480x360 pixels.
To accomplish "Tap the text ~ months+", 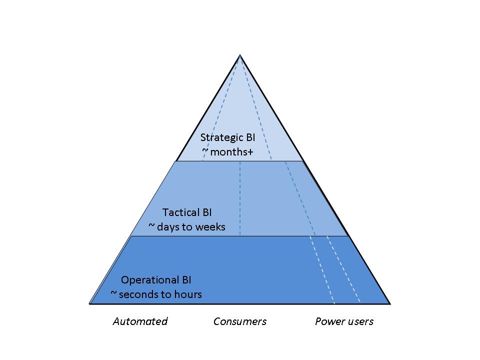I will (x=227, y=151).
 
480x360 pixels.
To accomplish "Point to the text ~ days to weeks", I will (x=187, y=227).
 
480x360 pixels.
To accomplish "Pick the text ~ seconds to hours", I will (x=156, y=294).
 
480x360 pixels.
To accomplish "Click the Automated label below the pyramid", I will (x=140, y=321).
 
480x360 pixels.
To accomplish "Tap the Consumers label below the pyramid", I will (x=240, y=321).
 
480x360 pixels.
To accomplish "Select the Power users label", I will (x=344, y=321).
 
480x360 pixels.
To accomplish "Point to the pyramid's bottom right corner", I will (x=389, y=303).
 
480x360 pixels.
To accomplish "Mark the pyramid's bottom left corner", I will (x=90, y=303).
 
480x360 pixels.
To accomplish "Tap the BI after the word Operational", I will (x=185, y=280).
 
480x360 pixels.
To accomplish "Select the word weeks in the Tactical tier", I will (x=211, y=227).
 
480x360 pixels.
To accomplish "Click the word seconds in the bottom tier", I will (x=138, y=294).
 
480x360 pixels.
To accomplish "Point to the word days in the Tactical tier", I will (x=167, y=227).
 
